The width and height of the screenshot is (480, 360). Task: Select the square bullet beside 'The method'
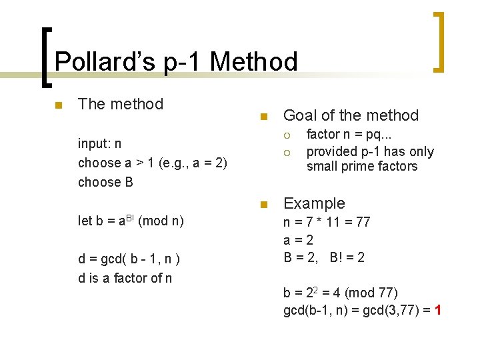pos(59,105)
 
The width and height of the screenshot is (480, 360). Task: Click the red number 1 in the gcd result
pos(437,310)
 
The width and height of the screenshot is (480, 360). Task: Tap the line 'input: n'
pos(99,144)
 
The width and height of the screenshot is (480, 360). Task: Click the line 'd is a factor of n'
pos(125,278)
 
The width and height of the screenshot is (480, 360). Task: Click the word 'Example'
pos(314,203)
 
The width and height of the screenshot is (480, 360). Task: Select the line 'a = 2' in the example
pos(298,240)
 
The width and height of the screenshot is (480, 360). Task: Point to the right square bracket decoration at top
pos(439,41)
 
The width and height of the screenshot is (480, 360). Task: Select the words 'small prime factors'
pos(361,167)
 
